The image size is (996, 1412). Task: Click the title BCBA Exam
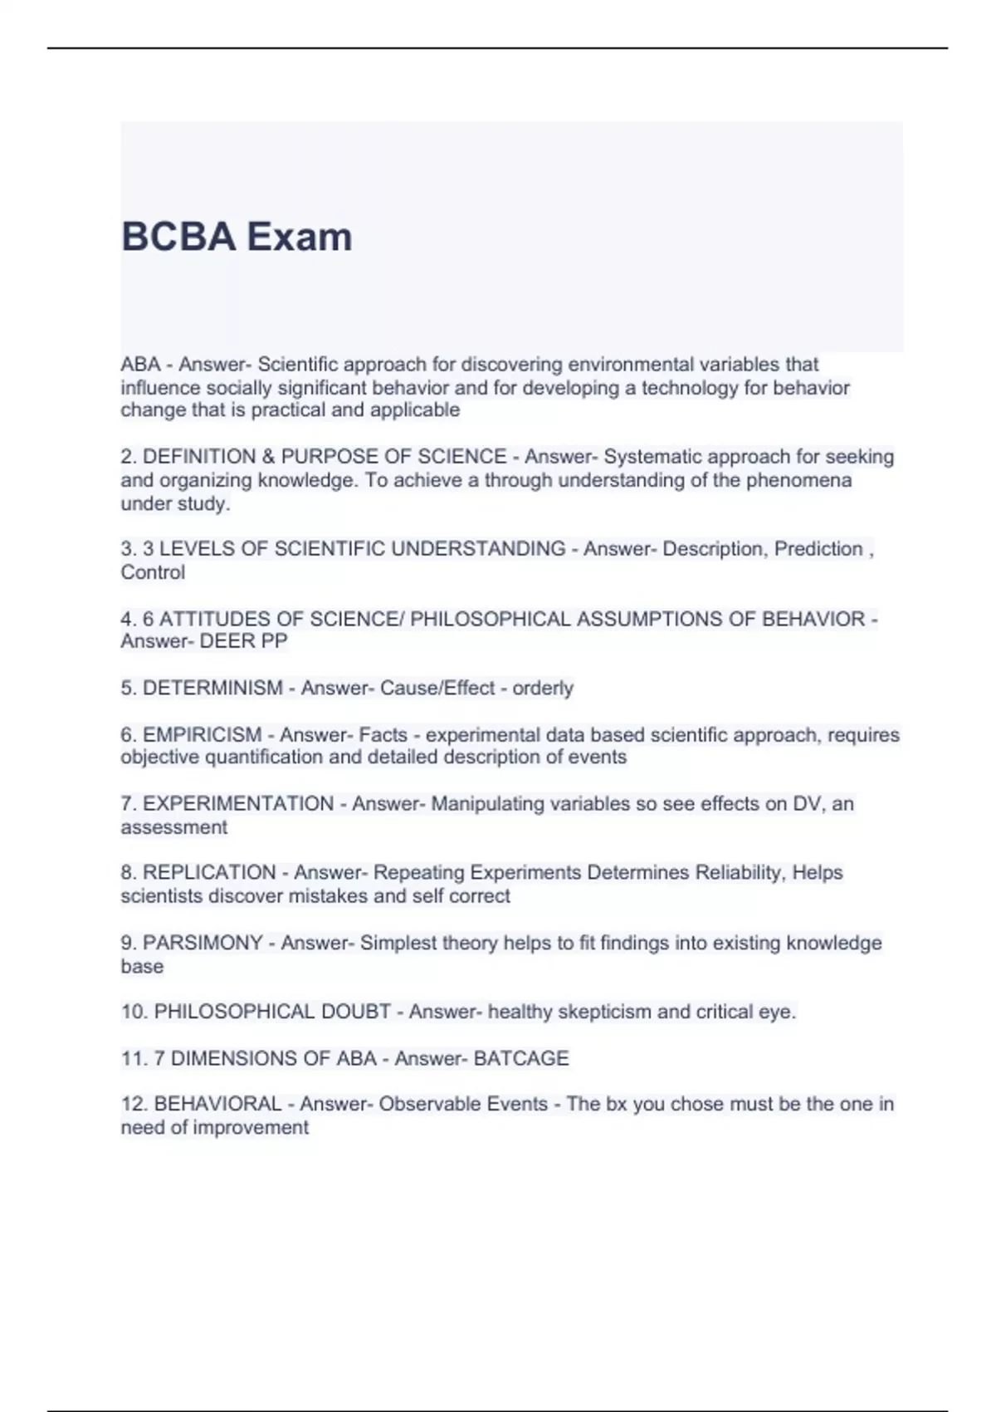[237, 237]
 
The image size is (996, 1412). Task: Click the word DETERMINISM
[212, 688]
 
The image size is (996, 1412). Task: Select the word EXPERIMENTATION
[238, 803]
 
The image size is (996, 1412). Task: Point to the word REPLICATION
[209, 872]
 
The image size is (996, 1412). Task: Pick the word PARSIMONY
[203, 943]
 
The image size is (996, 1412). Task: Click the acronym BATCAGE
[521, 1058]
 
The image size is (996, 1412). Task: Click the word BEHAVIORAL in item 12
[218, 1104]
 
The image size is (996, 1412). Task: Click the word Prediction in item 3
[818, 549]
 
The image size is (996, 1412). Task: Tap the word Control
[153, 572]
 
